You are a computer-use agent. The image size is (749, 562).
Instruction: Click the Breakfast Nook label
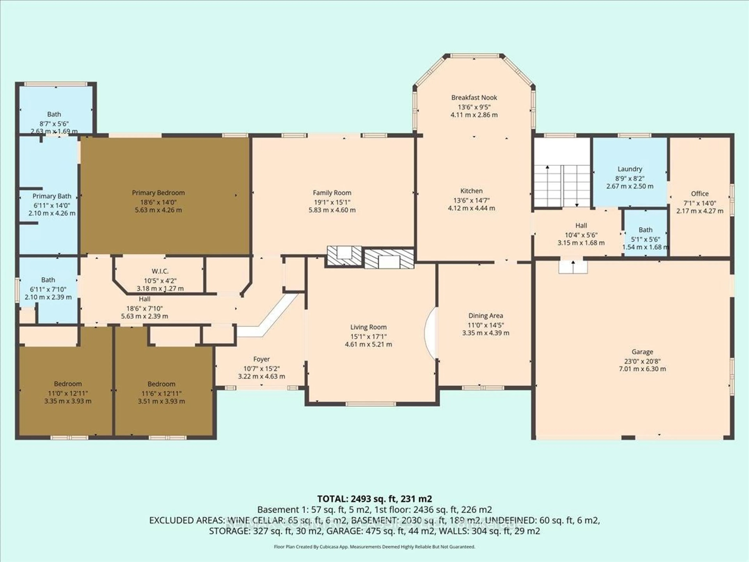(474, 98)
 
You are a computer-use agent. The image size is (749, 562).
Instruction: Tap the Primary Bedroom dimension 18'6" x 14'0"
(158, 202)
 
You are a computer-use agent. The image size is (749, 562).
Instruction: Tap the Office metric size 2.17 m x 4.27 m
(700, 211)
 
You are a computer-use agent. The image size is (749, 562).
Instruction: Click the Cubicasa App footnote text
(374, 546)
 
